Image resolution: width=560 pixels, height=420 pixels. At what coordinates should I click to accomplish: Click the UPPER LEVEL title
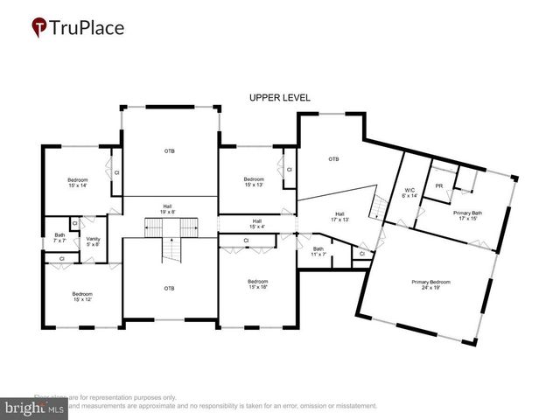click(279, 97)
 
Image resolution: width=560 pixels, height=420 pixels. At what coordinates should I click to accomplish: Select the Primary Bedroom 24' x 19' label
click(431, 284)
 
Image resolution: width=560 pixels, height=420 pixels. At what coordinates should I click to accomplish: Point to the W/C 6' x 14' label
click(409, 193)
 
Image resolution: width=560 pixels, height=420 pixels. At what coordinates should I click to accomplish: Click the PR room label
click(438, 185)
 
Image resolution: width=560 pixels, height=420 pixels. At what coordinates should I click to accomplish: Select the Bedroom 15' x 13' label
click(254, 182)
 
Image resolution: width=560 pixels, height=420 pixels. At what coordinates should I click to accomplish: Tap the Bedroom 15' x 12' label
click(82, 297)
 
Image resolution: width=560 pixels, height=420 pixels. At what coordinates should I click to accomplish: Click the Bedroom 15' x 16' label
click(256, 283)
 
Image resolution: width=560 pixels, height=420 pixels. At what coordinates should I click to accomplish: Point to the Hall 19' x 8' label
click(166, 209)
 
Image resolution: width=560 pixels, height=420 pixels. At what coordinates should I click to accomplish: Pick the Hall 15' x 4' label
click(256, 223)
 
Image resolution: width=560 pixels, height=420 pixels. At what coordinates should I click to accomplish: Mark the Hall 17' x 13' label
click(340, 217)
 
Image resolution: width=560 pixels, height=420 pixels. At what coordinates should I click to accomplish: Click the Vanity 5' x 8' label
click(93, 241)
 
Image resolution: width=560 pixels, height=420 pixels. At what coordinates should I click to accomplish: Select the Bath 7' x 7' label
click(59, 237)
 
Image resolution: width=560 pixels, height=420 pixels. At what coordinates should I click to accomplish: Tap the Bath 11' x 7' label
click(318, 251)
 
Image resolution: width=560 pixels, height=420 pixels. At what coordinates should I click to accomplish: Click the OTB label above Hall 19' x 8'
click(169, 151)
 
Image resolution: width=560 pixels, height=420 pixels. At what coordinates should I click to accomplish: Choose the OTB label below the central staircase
click(169, 288)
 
